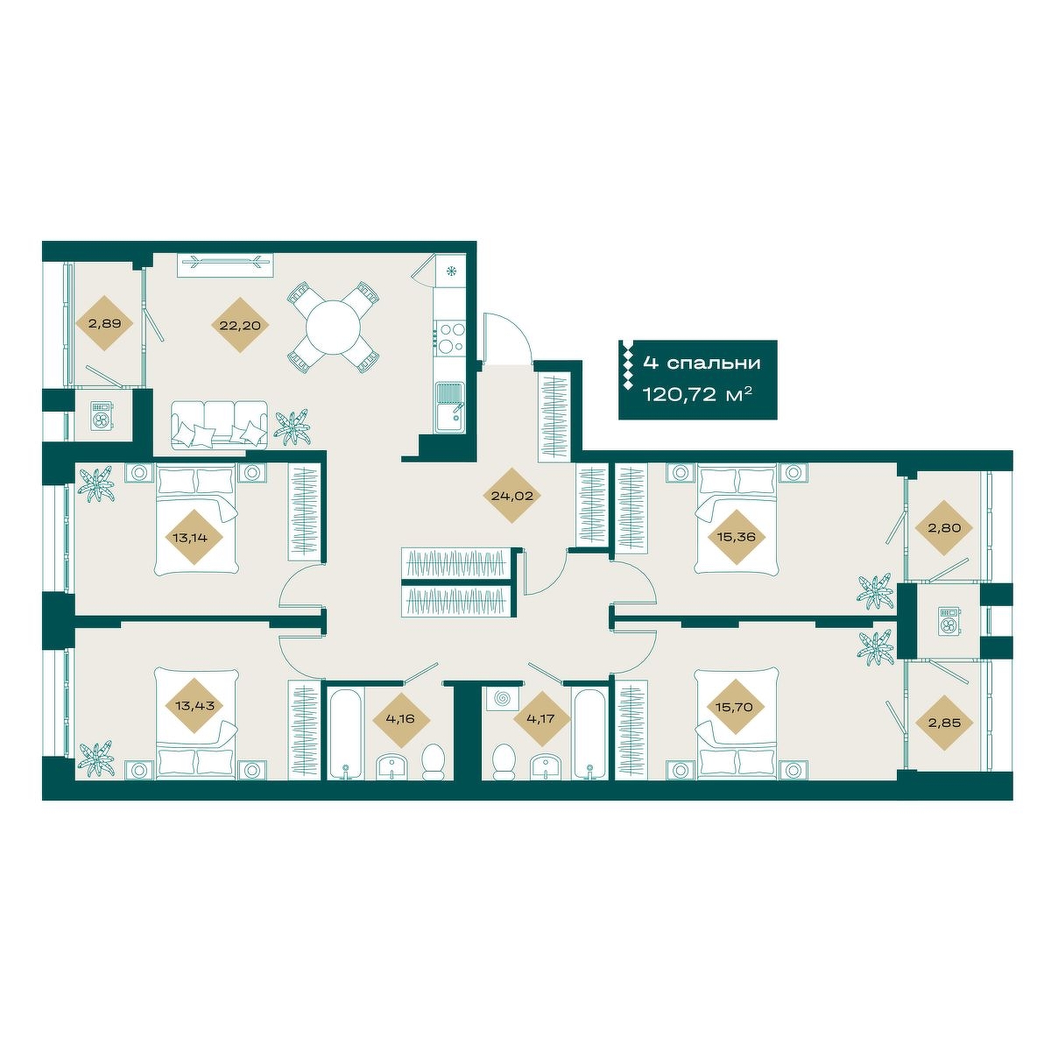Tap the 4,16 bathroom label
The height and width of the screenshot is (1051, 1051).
[401, 718]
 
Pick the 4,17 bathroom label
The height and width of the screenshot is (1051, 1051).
[542, 718]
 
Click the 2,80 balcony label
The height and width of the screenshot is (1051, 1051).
[943, 527]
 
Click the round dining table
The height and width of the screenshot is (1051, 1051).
[333, 326]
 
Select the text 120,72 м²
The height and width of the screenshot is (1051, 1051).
[698, 394]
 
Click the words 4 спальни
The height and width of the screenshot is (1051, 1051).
[702, 363]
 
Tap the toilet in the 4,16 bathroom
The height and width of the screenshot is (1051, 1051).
[434, 762]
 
